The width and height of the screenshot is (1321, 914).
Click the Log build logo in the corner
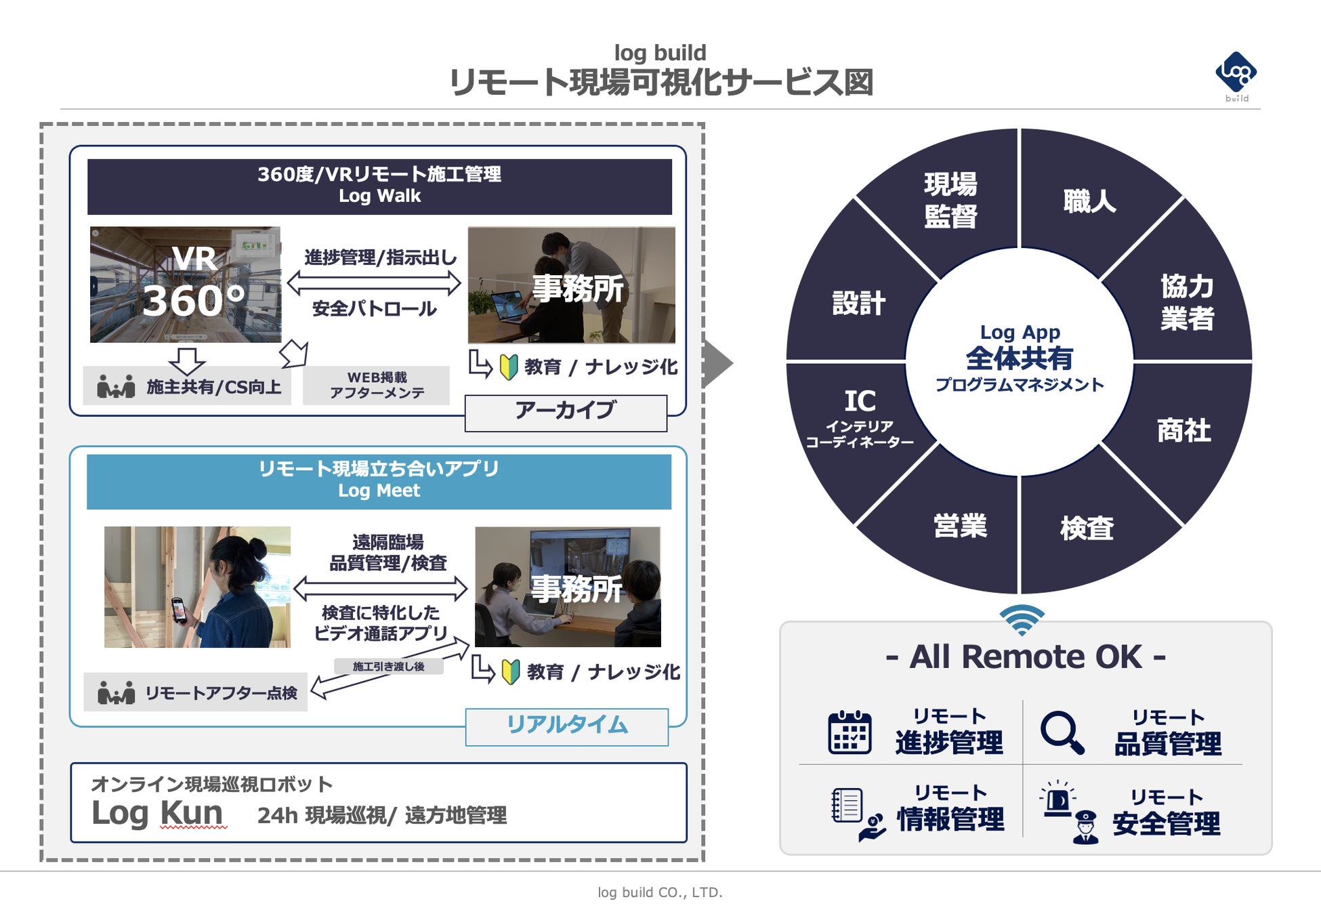click(x=1236, y=75)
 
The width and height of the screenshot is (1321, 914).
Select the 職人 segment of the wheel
click(x=1089, y=201)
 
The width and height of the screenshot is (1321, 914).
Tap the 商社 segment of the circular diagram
click(x=1183, y=430)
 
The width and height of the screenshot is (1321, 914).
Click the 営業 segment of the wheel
click(x=960, y=526)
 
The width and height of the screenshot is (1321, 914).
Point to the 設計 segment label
click(x=858, y=303)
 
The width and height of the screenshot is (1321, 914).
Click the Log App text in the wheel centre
click(x=1020, y=332)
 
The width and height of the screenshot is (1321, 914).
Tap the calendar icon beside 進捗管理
click(x=850, y=732)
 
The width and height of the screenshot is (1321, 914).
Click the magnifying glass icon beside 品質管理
click(x=1062, y=732)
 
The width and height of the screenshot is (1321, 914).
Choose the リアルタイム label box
click(x=567, y=726)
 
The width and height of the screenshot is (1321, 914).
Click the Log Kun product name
click(x=157, y=812)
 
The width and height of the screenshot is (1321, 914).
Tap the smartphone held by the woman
click(x=179, y=610)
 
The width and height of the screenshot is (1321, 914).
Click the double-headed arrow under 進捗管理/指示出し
click(x=374, y=283)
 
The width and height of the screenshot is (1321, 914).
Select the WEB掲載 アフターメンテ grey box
click(x=376, y=385)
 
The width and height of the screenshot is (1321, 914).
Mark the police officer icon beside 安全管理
click(x=1085, y=827)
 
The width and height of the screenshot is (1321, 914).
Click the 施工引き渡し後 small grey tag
click(x=389, y=667)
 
